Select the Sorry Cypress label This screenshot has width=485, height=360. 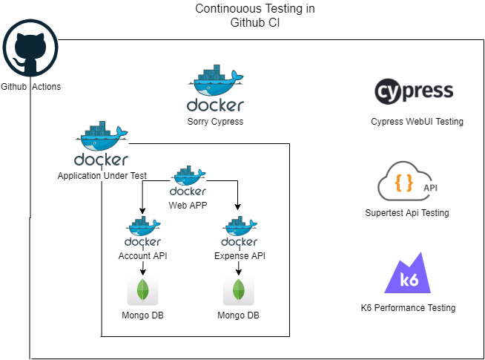coord(215,122)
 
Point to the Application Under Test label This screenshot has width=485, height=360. coord(102,176)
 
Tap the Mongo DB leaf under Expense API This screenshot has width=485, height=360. coord(239,289)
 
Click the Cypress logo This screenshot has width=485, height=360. coord(414,92)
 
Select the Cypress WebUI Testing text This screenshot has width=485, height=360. coord(417,122)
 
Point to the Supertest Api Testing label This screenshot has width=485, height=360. coord(407,213)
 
